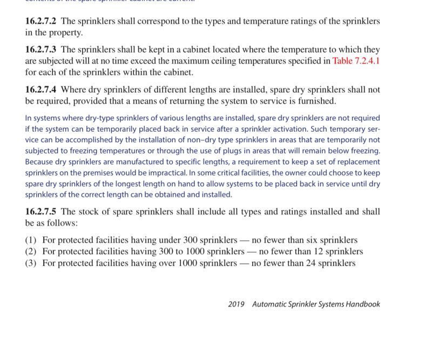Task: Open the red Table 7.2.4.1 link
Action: tap(356, 61)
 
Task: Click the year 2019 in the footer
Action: tap(237, 304)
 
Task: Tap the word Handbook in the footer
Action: tap(363, 304)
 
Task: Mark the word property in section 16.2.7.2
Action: tap(66, 32)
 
